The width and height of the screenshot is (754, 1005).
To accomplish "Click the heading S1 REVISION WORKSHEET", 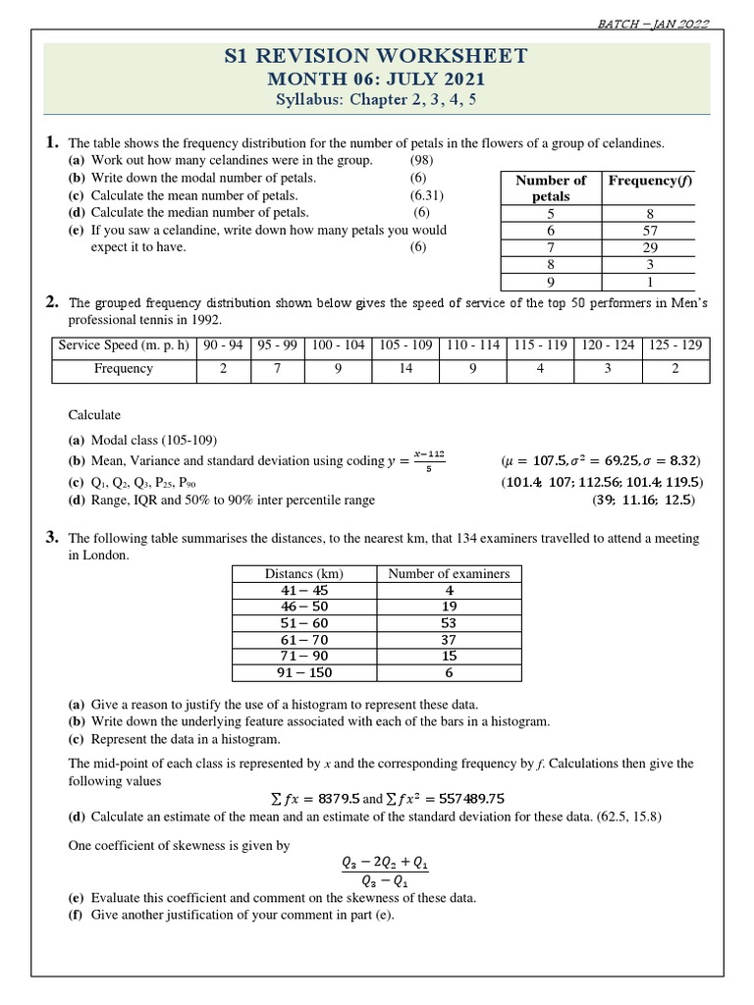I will point(377,56).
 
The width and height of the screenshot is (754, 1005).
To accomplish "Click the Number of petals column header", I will point(551,187).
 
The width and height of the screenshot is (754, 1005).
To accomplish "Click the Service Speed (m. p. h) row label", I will point(124,345).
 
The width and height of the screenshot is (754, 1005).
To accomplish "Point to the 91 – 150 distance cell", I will point(304,673).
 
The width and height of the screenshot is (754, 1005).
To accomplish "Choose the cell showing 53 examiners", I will point(449,623).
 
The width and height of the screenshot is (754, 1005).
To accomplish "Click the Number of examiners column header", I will point(449,573).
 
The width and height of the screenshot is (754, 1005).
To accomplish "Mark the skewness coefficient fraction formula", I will point(385,871).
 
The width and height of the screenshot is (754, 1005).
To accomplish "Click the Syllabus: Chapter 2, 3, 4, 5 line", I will point(377,101).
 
